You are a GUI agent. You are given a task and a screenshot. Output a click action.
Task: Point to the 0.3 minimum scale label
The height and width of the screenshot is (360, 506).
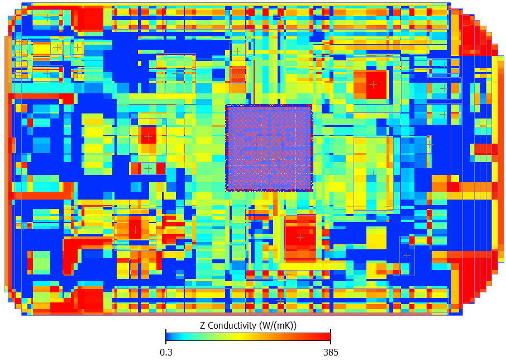coord(166,352)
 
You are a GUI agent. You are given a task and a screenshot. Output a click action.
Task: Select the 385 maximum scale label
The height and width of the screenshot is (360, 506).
coord(330,352)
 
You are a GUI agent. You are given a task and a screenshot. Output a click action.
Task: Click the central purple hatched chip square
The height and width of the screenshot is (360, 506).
coord(269,148)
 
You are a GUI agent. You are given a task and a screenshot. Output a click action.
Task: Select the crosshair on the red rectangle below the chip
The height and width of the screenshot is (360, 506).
coord(300,237)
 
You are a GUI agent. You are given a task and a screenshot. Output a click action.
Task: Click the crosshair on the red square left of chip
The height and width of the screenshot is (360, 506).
coord(148,136)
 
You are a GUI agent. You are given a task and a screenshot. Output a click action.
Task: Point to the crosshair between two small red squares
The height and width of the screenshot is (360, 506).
coord(148,168)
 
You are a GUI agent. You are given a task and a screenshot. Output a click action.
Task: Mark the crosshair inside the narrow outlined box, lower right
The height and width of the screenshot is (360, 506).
coord(407,255)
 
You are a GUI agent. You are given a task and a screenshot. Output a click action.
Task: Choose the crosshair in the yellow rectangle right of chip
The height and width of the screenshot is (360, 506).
coord(373,174)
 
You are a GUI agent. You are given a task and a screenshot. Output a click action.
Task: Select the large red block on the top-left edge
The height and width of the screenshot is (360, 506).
coord(89,19)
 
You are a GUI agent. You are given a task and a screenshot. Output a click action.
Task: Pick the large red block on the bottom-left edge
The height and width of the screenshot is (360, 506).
coord(89,300)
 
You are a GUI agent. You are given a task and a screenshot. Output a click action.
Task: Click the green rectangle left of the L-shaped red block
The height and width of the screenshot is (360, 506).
coord(41,262)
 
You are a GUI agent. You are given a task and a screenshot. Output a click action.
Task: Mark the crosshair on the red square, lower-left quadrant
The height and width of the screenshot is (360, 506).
coord(135,229)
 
